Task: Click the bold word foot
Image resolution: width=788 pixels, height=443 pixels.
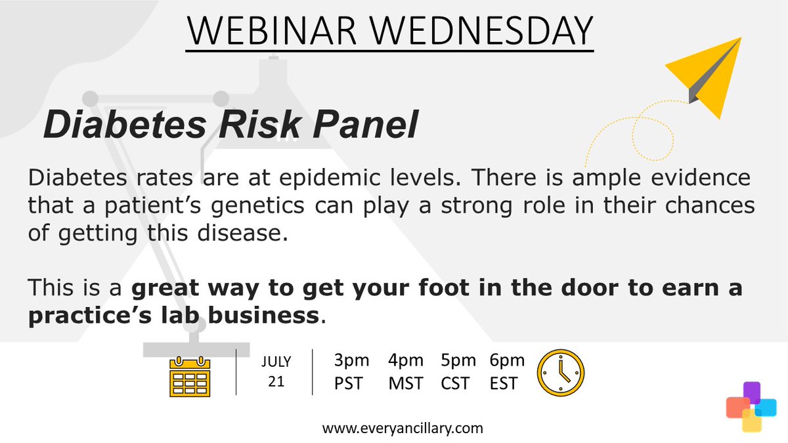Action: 413,288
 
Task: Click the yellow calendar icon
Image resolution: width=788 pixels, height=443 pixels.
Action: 189,376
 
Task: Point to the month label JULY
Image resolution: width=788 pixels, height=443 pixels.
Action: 276,362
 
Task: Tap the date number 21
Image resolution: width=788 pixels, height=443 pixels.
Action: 276,382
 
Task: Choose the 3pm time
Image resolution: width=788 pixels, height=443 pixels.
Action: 351,360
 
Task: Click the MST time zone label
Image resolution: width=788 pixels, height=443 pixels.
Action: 406,383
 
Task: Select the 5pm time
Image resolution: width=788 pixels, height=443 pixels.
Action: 458,360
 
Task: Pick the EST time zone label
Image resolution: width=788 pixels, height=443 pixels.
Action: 504,383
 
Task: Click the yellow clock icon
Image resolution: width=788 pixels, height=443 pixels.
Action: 561,372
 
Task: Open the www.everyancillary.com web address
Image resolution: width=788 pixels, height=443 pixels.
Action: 403,428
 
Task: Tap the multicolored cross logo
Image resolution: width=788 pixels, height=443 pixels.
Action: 751,406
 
